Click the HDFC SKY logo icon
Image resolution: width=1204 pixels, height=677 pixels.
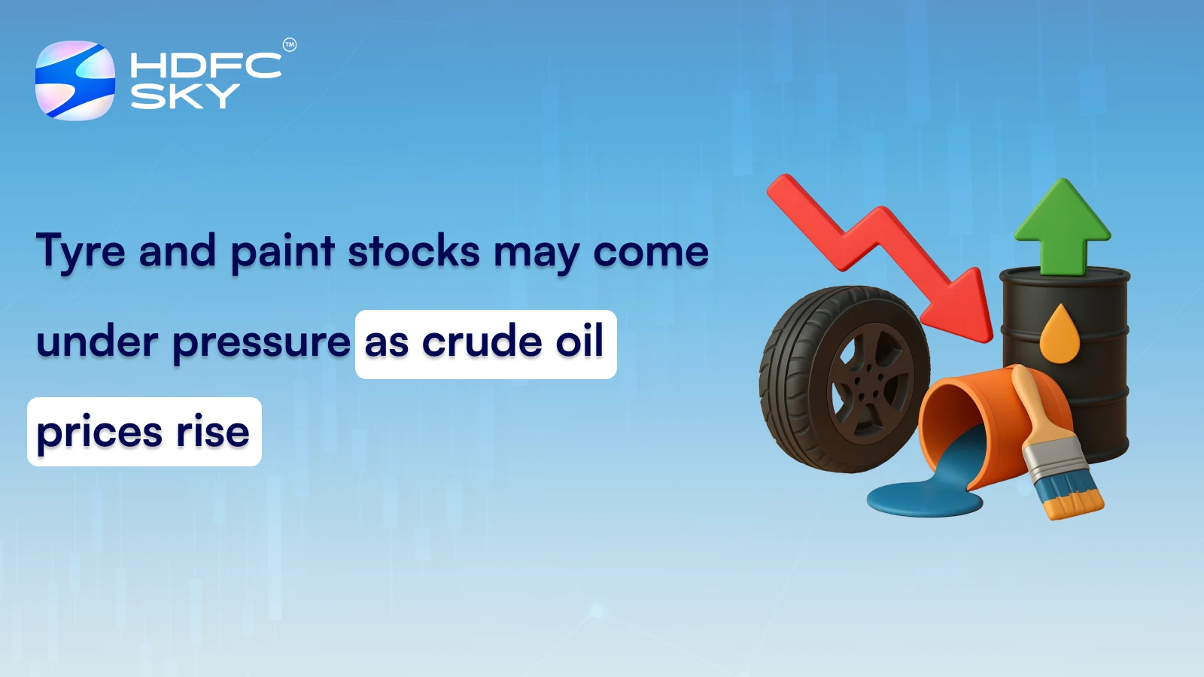coord(75,80)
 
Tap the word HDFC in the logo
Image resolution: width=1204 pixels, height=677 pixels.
coord(205,65)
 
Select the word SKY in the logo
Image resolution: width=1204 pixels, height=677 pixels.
coord(184,96)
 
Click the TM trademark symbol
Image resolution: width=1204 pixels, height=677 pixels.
coord(290,45)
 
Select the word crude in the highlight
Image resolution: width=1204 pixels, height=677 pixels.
coord(482,342)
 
